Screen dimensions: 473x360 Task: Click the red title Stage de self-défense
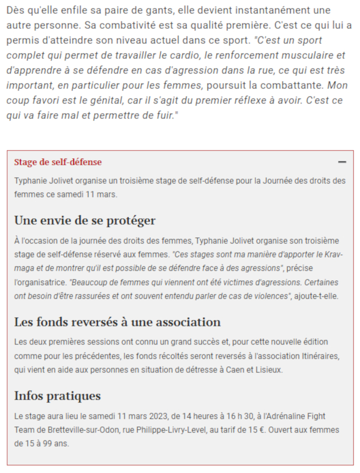(x=58, y=162)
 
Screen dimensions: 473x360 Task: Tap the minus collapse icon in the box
(x=342, y=162)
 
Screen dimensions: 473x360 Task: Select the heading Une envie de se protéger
(x=85, y=221)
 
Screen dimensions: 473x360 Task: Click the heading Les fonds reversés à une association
(x=117, y=322)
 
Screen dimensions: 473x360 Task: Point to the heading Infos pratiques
(x=57, y=396)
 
